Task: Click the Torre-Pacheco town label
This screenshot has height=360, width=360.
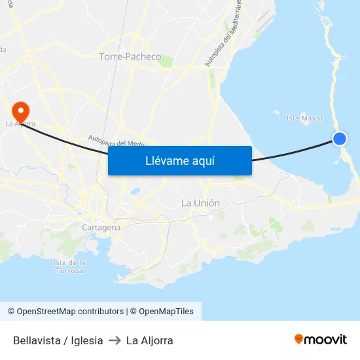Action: (130, 57)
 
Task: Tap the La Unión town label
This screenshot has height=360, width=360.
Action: (200, 203)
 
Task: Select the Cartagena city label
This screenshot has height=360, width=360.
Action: (101, 227)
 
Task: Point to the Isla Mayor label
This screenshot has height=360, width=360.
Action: (305, 118)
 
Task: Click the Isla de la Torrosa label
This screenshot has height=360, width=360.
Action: (69, 266)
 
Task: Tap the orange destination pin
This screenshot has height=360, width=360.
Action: (20, 109)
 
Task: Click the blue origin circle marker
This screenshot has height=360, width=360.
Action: (339, 138)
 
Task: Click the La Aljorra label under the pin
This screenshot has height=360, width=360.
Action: (20, 123)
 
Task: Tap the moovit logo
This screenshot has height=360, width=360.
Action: (321, 339)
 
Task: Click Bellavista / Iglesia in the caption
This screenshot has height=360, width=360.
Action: (58, 340)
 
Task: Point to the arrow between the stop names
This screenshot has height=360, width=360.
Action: (115, 340)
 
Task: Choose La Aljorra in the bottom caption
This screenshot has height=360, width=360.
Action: (149, 340)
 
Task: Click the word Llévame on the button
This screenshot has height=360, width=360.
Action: (166, 161)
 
